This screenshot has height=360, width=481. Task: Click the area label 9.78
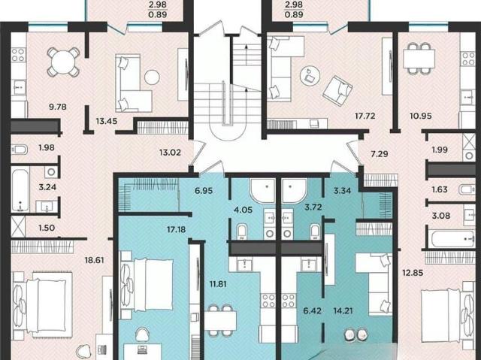58,107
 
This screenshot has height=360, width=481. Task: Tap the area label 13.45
107,121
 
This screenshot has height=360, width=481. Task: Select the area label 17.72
365,116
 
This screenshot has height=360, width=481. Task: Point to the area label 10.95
421,116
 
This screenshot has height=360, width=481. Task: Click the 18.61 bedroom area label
94,260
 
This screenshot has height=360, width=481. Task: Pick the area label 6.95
204,191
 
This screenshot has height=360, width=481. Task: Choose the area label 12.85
413,273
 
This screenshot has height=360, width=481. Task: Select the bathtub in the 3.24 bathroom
20,189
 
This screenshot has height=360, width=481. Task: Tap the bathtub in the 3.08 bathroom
450,239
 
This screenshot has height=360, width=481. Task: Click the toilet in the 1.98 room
20,150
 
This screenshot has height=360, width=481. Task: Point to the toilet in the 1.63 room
467,189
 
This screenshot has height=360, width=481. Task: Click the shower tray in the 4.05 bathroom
263,191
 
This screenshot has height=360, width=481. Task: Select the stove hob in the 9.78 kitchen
18,55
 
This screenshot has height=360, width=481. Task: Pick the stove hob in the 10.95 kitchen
468,59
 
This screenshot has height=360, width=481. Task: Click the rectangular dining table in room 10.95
419,59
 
